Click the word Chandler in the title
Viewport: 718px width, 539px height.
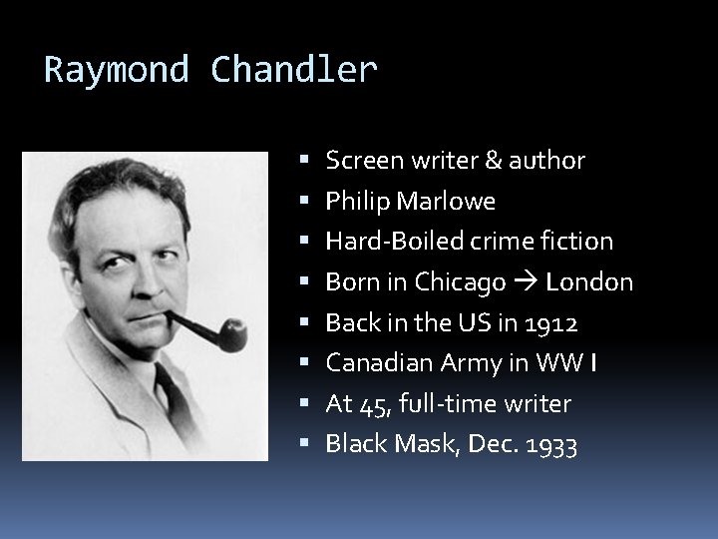(x=295, y=71)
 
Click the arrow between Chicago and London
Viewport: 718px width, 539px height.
(x=527, y=283)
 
